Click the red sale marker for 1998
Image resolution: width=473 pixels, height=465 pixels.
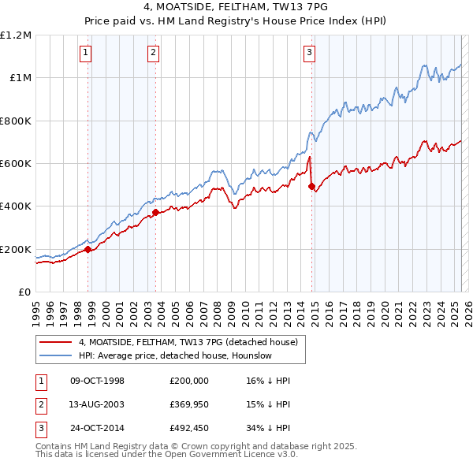(x=88, y=249)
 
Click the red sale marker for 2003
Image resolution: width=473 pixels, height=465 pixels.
(x=155, y=212)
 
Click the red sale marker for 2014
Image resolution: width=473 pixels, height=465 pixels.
(x=311, y=186)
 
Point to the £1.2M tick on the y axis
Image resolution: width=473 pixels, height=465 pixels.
(x=15, y=35)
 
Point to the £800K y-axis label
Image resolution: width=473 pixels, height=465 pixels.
(x=15, y=121)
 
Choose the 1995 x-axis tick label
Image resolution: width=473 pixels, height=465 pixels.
(x=36, y=311)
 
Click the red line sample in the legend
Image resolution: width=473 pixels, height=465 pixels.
(x=55, y=343)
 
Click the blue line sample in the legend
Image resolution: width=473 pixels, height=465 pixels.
(x=55, y=356)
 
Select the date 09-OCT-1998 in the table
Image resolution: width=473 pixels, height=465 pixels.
(x=98, y=381)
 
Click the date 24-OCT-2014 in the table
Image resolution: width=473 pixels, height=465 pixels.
(x=98, y=430)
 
